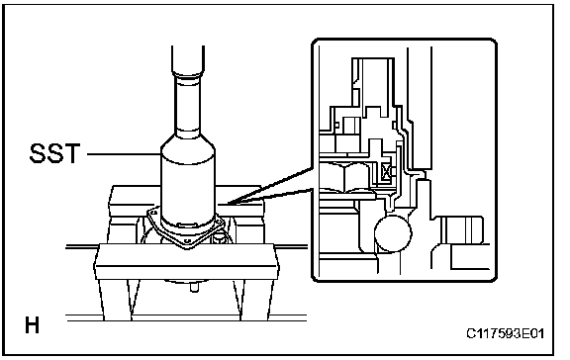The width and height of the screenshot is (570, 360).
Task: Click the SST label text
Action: [54, 153]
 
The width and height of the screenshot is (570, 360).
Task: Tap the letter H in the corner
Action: [32, 325]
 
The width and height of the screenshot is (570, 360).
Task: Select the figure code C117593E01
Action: [506, 333]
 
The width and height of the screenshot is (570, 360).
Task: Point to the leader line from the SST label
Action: [124, 154]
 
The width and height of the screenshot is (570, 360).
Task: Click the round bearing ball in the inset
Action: [393, 233]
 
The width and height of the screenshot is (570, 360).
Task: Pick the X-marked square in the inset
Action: [385, 171]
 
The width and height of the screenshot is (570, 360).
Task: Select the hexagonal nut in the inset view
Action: [344, 177]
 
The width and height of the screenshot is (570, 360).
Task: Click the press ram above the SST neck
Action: [188, 60]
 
